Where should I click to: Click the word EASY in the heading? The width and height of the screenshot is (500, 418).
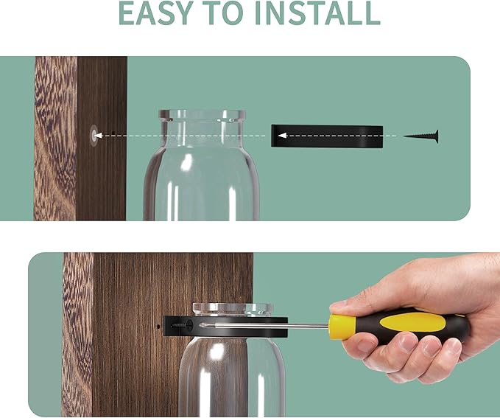coord(155,13)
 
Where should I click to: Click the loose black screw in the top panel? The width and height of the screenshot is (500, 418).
coord(421,136)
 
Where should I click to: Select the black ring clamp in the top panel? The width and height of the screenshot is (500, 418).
coord(327,136)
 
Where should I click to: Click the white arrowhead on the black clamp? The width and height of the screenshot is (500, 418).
coord(282,136)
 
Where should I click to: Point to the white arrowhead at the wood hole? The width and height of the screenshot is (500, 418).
coord(98,136)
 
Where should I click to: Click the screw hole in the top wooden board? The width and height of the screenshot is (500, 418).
coord(94,136)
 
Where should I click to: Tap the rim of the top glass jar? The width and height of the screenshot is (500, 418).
coord(203,115)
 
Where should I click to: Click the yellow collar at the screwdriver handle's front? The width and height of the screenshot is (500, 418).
coord(342,327)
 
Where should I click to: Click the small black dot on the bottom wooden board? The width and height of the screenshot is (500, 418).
coord(158,327)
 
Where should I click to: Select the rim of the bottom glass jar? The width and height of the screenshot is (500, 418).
coord(233,308)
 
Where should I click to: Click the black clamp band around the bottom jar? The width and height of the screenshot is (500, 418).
coord(225,327)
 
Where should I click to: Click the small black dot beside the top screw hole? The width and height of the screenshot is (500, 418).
coord(113,132)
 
